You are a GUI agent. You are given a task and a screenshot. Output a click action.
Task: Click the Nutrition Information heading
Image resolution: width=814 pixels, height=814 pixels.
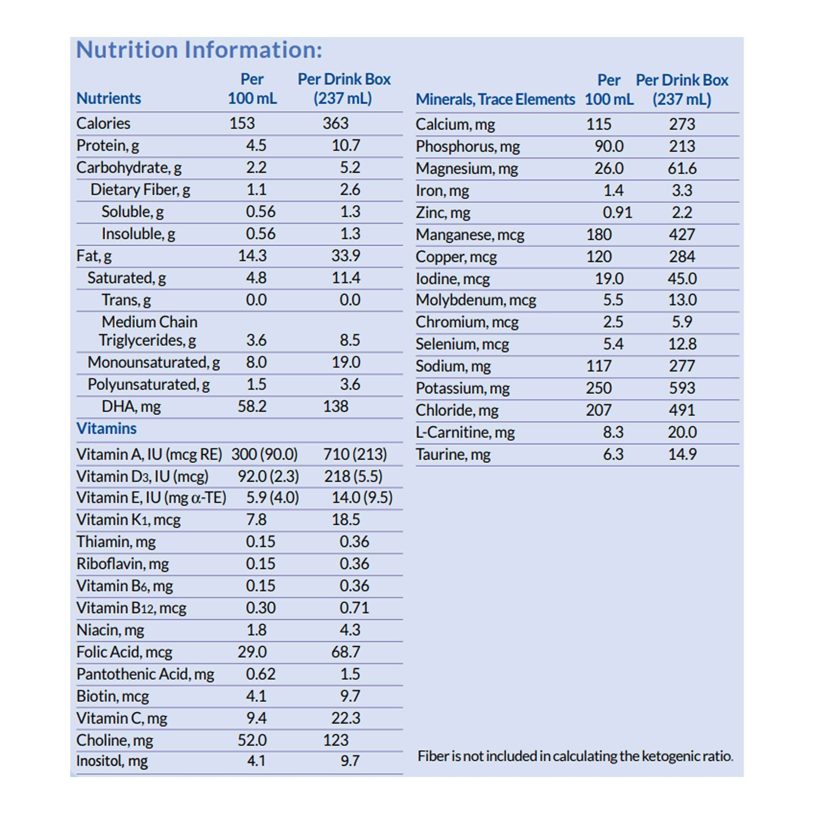(x=199, y=50)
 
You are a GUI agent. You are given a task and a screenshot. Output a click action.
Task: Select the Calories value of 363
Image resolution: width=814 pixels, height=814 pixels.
(x=335, y=124)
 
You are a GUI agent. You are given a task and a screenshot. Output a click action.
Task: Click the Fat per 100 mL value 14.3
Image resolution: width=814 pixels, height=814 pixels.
(x=252, y=256)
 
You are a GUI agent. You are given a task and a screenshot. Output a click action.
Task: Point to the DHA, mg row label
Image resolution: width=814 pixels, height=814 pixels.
(x=131, y=407)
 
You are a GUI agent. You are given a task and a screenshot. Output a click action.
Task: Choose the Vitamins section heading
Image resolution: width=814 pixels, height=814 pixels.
(x=106, y=428)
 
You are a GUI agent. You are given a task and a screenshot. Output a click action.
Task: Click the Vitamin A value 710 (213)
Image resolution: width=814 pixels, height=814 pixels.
(x=355, y=454)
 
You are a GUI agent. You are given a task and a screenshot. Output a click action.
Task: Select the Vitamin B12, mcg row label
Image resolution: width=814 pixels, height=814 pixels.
(x=131, y=608)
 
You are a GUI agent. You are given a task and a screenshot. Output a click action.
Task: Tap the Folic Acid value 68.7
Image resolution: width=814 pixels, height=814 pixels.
(x=346, y=652)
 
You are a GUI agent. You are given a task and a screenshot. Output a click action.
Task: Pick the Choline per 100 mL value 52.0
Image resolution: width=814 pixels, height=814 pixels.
(x=252, y=740)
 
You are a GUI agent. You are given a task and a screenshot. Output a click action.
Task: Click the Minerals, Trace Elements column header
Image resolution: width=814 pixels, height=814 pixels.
(x=495, y=100)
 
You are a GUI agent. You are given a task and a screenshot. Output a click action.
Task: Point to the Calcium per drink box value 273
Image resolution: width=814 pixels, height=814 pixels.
(x=682, y=124)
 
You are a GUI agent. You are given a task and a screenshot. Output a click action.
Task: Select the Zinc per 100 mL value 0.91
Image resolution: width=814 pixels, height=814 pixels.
(x=617, y=212)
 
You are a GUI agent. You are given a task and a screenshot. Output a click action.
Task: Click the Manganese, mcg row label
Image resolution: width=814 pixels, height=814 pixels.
(x=470, y=235)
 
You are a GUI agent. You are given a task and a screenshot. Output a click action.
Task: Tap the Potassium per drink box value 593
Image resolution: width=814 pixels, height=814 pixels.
(x=682, y=388)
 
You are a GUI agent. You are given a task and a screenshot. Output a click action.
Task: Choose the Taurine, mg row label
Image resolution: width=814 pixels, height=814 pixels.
(x=453, y=454)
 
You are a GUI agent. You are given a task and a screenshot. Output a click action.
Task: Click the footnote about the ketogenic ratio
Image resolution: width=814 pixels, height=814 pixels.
(x=575, y=756)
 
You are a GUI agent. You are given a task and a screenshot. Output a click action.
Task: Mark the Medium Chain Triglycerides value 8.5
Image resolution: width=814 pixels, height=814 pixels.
(x=350, y=340)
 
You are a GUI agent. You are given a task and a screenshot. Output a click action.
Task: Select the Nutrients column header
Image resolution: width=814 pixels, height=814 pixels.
(x=108, y=98)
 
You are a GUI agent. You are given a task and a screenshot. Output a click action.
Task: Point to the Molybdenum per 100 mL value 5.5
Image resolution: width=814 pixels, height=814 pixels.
(x=613, y=300)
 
